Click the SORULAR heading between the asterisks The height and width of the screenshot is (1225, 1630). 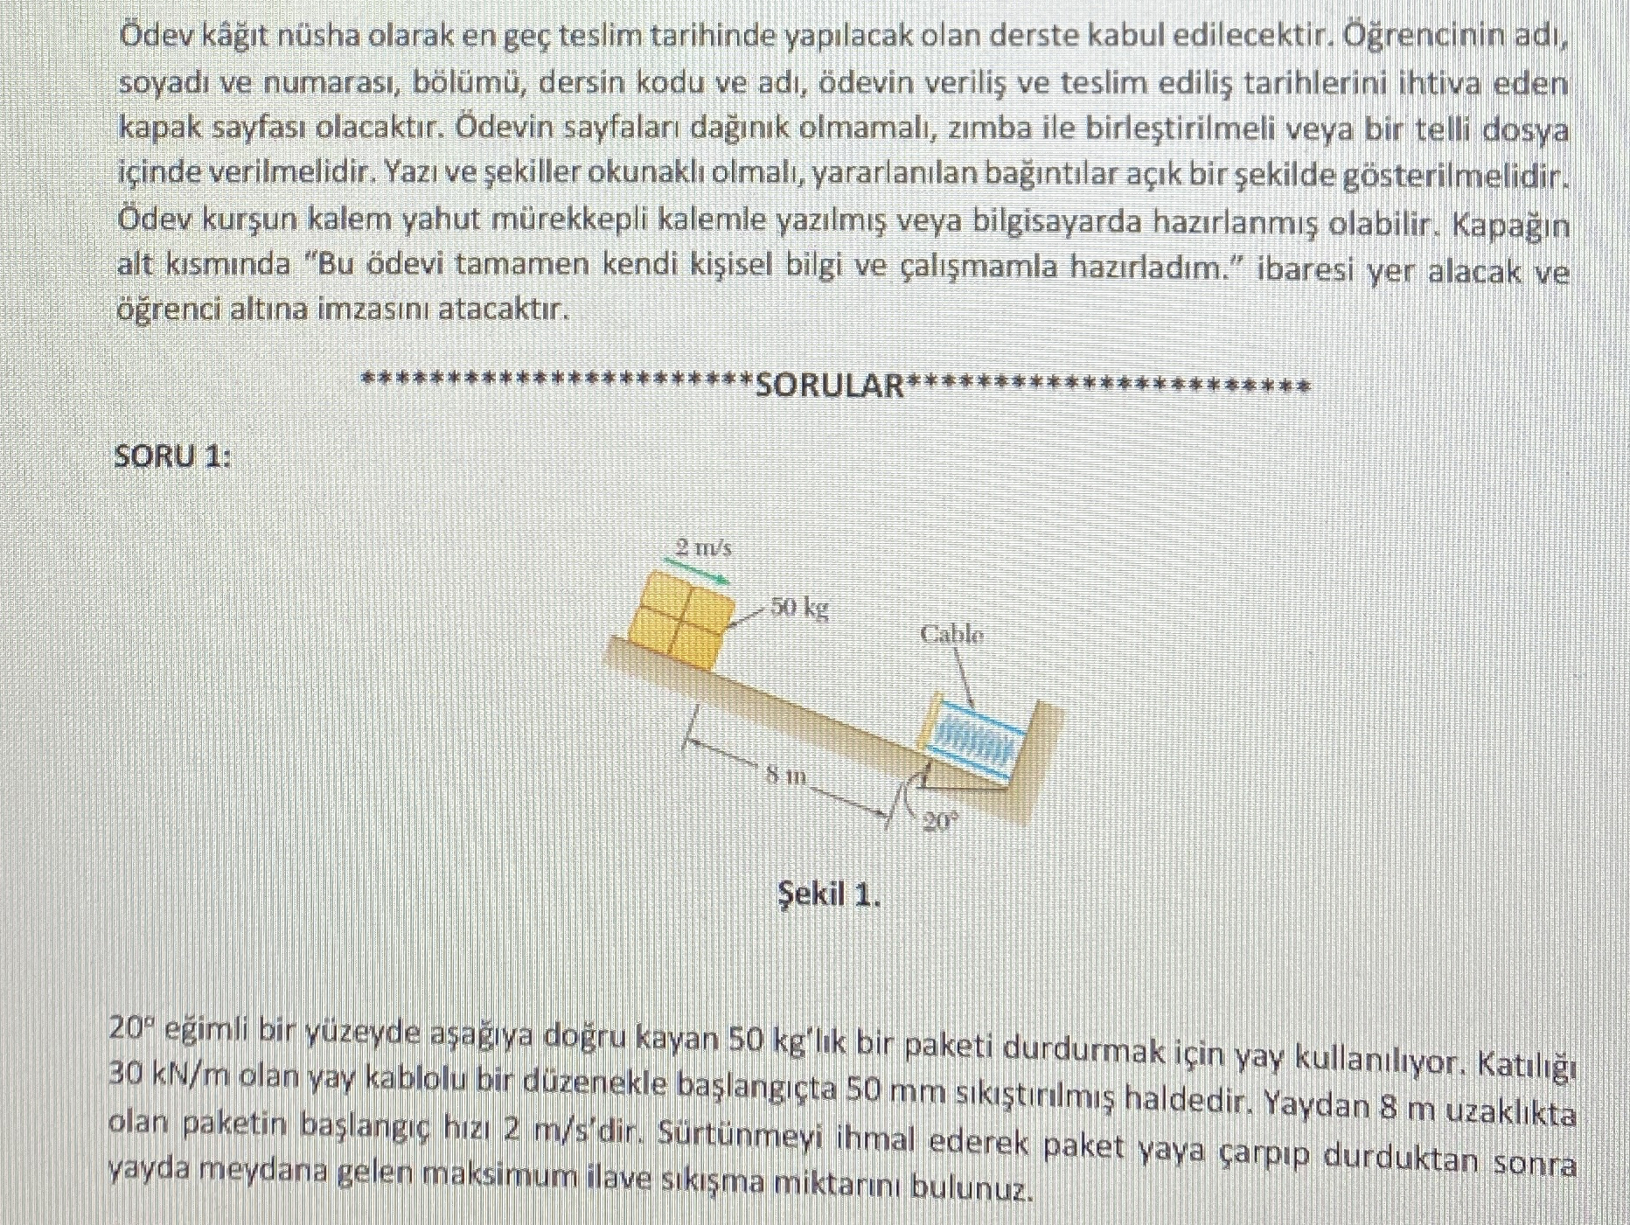pos(830,386)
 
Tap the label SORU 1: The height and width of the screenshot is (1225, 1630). pos(173,456)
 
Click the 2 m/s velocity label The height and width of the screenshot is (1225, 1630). pos(703,548)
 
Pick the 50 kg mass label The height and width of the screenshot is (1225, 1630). pos(799,606)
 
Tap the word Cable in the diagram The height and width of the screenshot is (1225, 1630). pos(951,634)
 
